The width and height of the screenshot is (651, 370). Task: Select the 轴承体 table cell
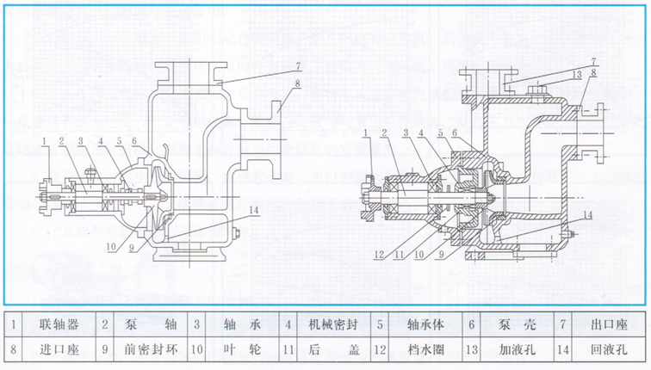coord(421,325)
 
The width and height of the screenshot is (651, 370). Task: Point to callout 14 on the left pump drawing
coord(252,209)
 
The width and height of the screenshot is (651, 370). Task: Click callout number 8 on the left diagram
coord(296,83)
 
